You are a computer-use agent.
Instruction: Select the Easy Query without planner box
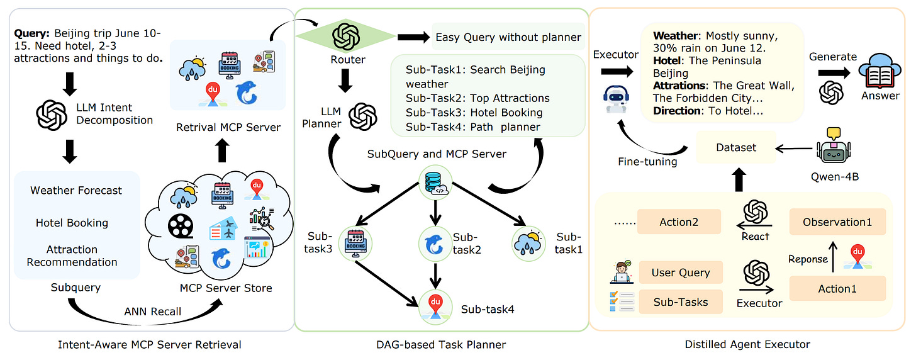point(508,37)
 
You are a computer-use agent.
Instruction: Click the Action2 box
point(680,222)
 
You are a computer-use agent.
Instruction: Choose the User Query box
point(681,273)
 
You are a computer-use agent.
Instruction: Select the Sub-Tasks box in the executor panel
point(681,301)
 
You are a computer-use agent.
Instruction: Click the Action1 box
point(837,289)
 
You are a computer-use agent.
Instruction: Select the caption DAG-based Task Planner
point(440,344)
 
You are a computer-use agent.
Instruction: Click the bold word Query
point(31,31)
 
